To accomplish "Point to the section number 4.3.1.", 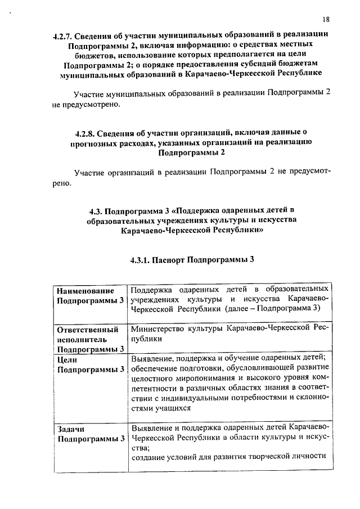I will (141, 260).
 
